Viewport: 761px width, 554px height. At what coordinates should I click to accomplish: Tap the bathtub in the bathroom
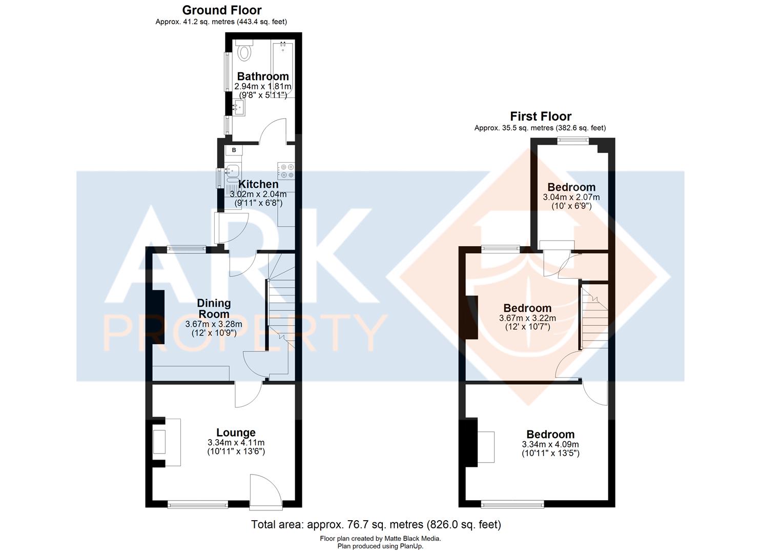(283, 69)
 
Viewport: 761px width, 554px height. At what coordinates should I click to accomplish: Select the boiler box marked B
(234, 150)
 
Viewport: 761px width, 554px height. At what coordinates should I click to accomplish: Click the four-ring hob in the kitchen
(286, 171)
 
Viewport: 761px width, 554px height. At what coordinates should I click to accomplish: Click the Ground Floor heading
(221, 10)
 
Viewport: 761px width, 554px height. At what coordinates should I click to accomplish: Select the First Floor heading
(540, 116)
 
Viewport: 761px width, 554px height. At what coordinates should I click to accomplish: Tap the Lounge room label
(236, 432)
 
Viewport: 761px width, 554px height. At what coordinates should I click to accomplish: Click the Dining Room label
(214, 308)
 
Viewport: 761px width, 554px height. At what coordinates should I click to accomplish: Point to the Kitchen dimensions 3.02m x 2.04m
(258, 194)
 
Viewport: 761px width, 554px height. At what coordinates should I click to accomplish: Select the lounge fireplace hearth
(172, 442)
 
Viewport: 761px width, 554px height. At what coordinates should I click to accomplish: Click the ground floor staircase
(281, 308)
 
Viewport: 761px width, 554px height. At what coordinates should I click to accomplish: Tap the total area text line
(376, 524)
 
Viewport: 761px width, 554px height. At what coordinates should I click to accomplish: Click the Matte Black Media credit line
(380, 539)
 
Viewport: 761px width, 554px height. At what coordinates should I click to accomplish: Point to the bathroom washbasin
(238, 107)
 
